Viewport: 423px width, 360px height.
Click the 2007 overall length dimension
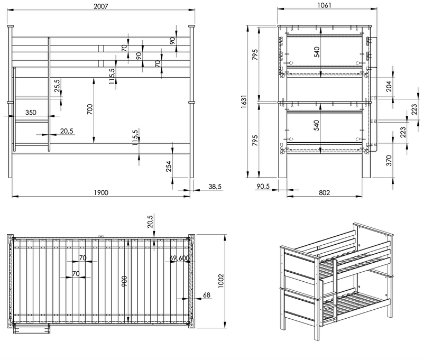pyautogui.click(x=101, y=6)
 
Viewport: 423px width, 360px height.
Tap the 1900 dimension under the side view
pyautogui.click(x=101, y=192)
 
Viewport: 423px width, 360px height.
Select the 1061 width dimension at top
pyautogui.click(x=325, y=5)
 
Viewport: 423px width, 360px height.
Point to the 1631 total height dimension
pyautogui.click(x=244, y=101)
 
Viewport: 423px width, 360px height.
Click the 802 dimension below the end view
pyautogui.click(x=324, y=192)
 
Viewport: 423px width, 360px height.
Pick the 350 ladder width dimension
pyautogui.click(x=31, y=112)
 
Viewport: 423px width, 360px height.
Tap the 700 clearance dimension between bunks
pyautogui.click(x=90, y=109)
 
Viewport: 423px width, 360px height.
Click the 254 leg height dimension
pyautogui.click(x=169, y=166)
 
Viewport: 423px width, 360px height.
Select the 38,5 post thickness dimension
pyautogui.click(x=215, y=186)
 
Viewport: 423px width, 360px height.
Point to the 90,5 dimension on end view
pyautogui.click(x=263, y=186)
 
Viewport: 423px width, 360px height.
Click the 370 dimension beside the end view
pyautogui.click(x=389, y=161)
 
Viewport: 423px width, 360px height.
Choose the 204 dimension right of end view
pyautogui.click(x=389, y=86)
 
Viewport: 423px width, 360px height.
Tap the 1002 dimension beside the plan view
pyautogui.click(x=221, y=281)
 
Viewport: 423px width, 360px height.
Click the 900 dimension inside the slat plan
pyautogui.click(x=124, y=281)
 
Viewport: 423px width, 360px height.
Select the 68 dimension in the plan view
pyautogui.click(x=206, y=295)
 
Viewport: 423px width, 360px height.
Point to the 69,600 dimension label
pyautogui.click(x=179, y=258)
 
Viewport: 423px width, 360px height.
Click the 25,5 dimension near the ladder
pyautogui.click(x=57, y=86)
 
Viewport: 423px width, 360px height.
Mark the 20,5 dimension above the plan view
pyautogui.click(x=151, y=221)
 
